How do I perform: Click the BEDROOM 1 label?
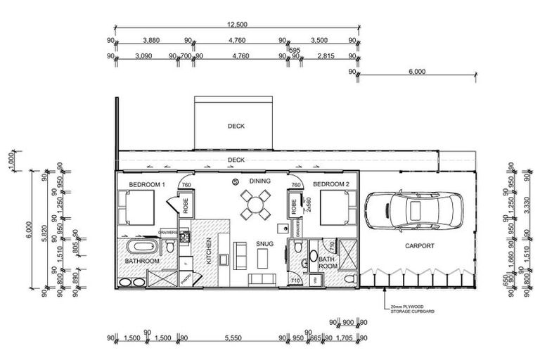tap(146, 185)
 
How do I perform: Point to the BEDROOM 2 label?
tap(330, 184)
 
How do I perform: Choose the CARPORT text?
tap(419, 246)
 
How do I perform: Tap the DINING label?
tap(260, 181)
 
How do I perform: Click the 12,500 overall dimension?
tap(236, 25)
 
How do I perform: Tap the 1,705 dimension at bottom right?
tap(345, 337)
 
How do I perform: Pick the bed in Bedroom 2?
tap(337, 207)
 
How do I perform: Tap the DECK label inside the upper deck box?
tap(235, 127)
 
